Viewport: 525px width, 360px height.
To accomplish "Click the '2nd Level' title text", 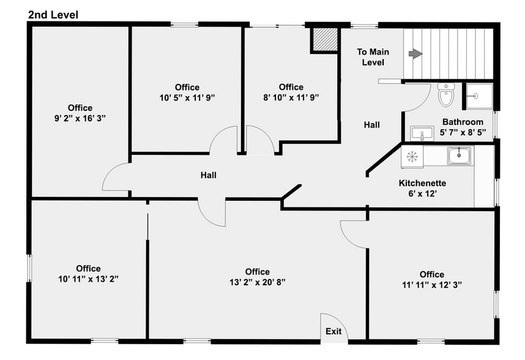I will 53,14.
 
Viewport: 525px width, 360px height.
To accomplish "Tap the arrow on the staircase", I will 415,54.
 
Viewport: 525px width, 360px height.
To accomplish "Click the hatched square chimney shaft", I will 324,40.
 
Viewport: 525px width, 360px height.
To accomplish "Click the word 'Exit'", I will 333,331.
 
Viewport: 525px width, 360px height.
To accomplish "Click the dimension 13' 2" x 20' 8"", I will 257,282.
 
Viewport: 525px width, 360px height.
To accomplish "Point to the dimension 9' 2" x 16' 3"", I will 80,119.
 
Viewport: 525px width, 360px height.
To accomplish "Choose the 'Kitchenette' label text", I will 422,183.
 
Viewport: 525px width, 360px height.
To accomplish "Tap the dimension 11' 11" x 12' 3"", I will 431,285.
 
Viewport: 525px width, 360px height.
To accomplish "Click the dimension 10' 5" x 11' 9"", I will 187,97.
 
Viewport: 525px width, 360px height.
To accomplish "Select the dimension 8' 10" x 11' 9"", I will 291,97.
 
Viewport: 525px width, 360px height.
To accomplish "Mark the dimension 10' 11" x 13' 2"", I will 89,279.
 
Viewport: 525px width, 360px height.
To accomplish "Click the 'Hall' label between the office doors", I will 209,175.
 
